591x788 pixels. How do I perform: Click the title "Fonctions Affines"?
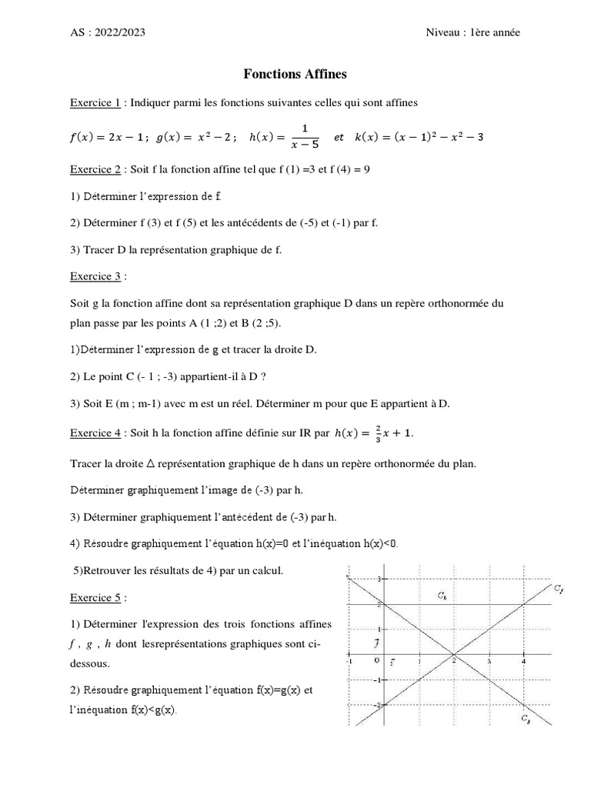[x=295, y=75]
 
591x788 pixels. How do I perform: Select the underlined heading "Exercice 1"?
[x=95, y=102]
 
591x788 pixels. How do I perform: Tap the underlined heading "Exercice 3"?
[x=95, y=275]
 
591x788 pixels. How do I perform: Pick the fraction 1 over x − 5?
[x=305, y=136]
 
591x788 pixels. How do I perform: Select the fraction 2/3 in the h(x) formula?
[x=369, y=433]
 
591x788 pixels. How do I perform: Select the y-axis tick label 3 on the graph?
[x=377, y=579]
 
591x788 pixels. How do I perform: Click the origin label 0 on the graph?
[x=376, y=660]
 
